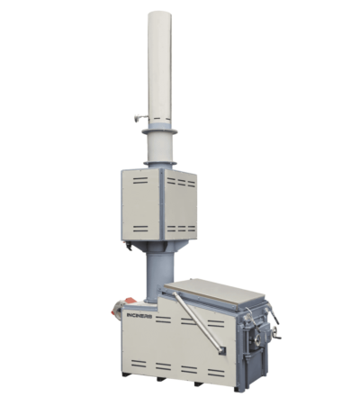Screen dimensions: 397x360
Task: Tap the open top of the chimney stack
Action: click(x=158, y=14)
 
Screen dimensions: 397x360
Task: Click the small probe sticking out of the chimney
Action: click(x=137, y=117)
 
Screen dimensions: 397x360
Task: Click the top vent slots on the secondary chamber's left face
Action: click(x=140, y=179)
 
